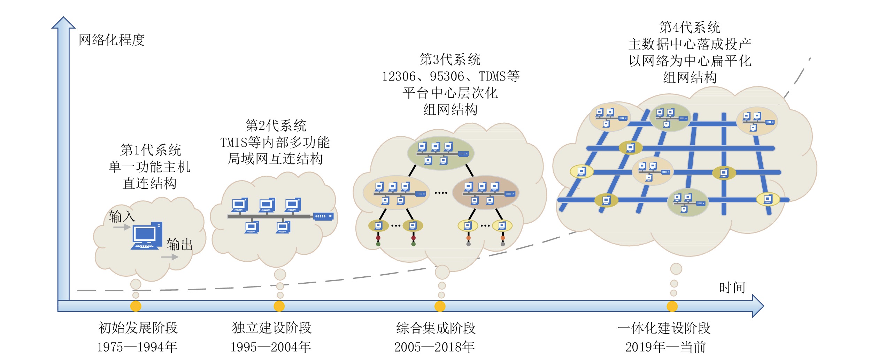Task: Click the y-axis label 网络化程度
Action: click(111, 40)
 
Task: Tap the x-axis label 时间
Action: click(732, 288)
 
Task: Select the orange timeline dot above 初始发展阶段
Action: click(136, 306)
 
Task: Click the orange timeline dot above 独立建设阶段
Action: click(279, 306)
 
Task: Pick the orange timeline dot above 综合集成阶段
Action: click(440, 306)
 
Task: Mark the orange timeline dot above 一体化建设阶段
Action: click(672, 306)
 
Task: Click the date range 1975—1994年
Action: click(137, 347)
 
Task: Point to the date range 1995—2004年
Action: click(271, 347)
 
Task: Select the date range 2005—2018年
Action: click(434, 347)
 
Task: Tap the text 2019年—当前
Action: click(666, 347)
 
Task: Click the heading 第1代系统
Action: click(151, 150)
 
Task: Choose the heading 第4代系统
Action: click(690, 27)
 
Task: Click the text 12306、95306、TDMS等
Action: click(451, 76)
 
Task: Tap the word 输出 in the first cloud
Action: click(179, 245)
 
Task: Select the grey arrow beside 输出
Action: click(170, 257)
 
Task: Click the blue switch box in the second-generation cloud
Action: click(323, 216)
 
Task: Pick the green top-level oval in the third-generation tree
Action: click(441, 153)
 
